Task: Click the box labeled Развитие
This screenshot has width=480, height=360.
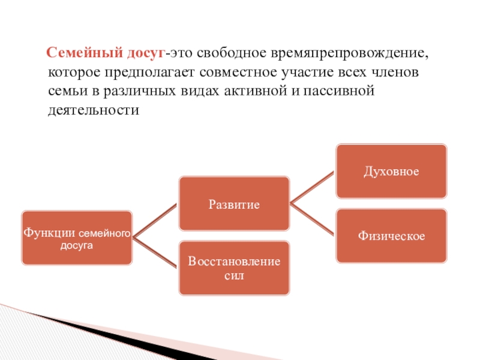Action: [x=234, y=203]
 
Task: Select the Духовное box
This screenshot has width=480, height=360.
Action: [x=391, y=171]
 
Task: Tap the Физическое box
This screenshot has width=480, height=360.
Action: [x=391, y=236]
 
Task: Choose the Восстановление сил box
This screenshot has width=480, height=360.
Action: [x=234, y=268]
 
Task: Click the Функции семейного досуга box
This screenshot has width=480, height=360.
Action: [x=77, y=238]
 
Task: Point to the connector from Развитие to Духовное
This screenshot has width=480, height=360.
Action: [x=312, y=187]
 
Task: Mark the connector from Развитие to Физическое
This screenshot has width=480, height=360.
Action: [x=312, y=219]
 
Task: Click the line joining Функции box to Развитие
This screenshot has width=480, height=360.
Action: [x=155, y=221]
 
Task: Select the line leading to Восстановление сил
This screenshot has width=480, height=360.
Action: [x=155, y=253]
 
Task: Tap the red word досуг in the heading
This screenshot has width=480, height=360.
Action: [x=144, y=54]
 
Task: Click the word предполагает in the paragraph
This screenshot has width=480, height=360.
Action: [x=143, y=74]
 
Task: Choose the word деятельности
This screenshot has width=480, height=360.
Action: [x=93, y=112]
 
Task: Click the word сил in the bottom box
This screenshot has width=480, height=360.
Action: [x=234, y=276]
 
